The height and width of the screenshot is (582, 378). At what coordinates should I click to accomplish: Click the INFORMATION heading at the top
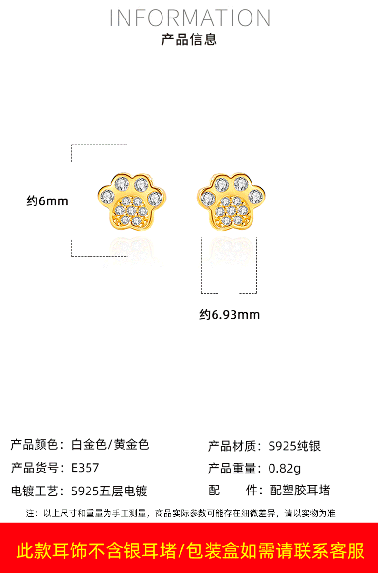click(x=190, y=18)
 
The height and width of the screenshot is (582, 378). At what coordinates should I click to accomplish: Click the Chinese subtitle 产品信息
click(x=189, y=39)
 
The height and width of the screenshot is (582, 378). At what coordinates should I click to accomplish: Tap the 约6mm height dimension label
click(x=47, y=200)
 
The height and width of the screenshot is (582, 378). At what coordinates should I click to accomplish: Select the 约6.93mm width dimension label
click(x=230, y=315)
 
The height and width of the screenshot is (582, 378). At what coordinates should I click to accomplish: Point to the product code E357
click(x=85, y=468)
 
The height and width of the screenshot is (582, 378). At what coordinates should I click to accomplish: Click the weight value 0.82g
click(x=285, y=469)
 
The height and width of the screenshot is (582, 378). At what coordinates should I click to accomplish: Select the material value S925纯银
click(x=294, y=446)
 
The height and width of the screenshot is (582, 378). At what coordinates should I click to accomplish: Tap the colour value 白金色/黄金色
click(x=110, y=444)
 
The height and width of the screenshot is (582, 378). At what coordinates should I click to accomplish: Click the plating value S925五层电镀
click(x=109, y=491)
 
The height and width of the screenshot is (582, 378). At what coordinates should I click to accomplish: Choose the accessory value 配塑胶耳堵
click(x=300, y=490)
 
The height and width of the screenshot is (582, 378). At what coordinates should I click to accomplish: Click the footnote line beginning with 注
click(x=180, y=513)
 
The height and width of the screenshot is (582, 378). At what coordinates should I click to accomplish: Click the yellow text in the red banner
click(x=190, y=551)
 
